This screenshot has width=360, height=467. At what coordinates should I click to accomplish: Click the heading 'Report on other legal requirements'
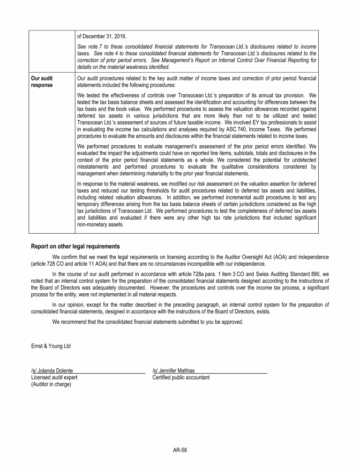(x=75, y=246)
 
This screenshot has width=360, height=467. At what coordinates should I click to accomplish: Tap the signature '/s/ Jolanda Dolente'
(x=52, y=371)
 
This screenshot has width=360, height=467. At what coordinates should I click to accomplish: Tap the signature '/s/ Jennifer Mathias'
(x=173, y=371)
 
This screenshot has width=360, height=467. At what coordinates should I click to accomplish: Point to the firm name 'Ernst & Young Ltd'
(x=51, y=346)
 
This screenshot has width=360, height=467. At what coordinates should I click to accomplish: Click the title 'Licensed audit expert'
(x=54, y=377)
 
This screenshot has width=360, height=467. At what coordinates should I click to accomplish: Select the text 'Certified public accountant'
(x=181, y=377)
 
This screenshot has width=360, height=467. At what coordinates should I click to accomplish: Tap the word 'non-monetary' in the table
(x=92, y=224)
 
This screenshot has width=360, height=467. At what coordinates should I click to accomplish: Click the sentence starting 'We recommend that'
(x=148, y=322)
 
